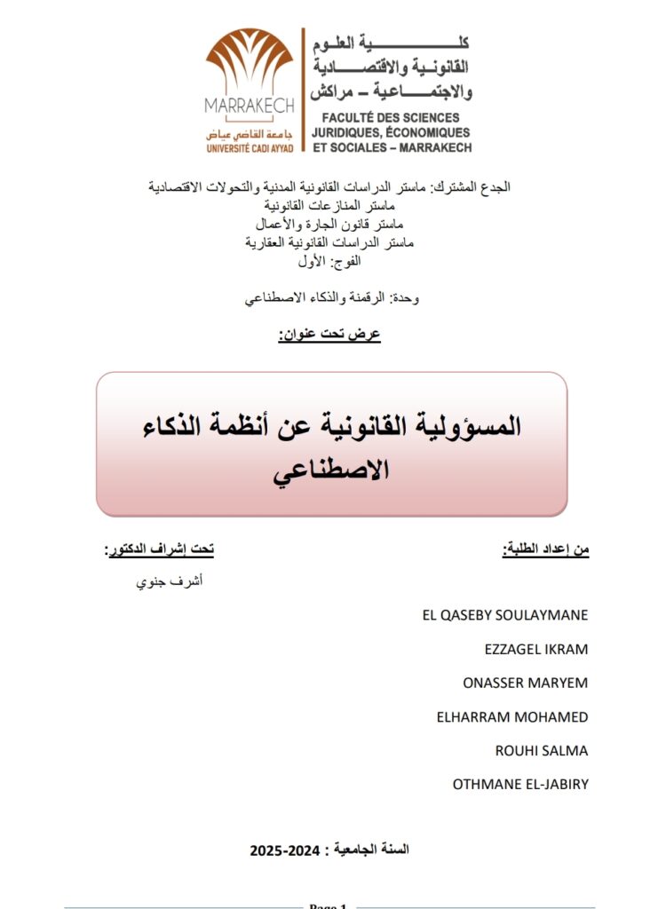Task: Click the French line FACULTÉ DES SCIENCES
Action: pos(391,118)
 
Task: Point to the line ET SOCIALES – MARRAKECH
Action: pos(392,147)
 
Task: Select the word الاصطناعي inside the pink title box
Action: pos(331,471)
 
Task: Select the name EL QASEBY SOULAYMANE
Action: pos(505,615)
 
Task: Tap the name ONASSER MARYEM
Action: pos(526,683)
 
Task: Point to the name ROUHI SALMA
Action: pos(542,750)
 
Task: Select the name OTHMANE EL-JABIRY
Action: pos(520,784)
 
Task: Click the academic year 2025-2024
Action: pos(329,850)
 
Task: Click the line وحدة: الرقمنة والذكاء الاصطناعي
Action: pos(331,299)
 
